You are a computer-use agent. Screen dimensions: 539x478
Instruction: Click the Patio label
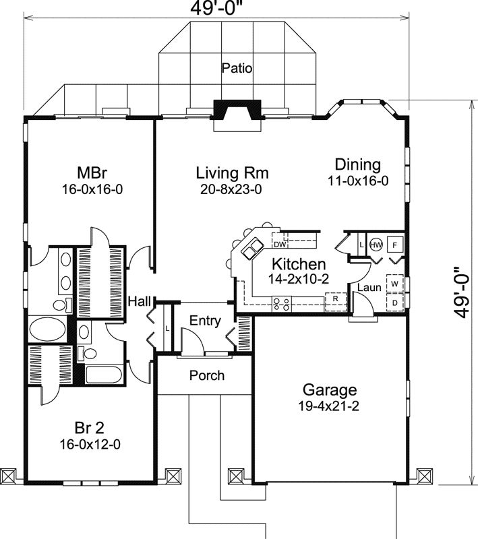(236, 68)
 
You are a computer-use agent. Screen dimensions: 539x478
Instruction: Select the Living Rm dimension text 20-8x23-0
(231, 190)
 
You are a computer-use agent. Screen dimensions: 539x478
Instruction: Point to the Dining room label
(358, 164)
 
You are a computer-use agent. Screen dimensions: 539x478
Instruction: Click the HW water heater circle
(376, 245)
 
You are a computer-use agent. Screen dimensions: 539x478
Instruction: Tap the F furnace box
(395, 245)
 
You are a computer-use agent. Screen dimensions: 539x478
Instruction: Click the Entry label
(205, 321)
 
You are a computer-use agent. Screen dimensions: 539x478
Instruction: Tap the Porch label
(206, 375)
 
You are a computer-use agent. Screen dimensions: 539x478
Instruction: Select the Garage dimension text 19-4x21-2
(329, 406)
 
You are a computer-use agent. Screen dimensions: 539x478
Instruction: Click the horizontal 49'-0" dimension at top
(216, 9)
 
